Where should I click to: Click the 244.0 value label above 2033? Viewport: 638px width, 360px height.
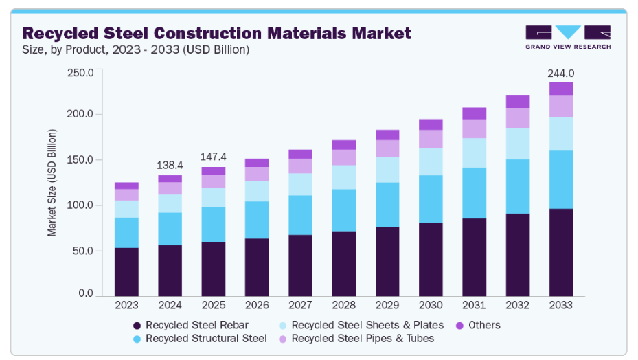pyautogui.click(x=560, y=74)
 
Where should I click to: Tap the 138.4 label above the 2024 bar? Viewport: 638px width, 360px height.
pyautogui.click(x=170, y=166)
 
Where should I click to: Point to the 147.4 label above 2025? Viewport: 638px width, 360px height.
pyautogui.click(x=213, y=157)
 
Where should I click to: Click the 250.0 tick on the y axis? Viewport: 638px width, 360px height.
pyautogui.click(x=80, y=72)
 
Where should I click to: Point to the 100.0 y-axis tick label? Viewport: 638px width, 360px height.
pyautogui.click(x=80, y=205)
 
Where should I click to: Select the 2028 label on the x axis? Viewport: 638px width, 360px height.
pyautogui.click(x=343, y=305)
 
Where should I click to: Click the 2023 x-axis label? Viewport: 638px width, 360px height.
pyautogui.click(x=126, y=305)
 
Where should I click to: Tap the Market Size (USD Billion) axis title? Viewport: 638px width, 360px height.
pyautogui.click(x=52, y=183)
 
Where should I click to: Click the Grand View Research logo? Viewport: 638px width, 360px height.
pyautogui.click(x=567, y=37)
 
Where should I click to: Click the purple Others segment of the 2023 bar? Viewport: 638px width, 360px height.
pyautogui.click(x=126, y=185)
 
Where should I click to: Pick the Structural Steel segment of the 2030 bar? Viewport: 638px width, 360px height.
pyautogui.click(x=431, y=199)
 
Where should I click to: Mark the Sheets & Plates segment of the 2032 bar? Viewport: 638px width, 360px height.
pyautogui.click(x=517, y=144)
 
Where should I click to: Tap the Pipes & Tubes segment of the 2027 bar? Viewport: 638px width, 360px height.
pyautogui.click(x=300, y=166)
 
